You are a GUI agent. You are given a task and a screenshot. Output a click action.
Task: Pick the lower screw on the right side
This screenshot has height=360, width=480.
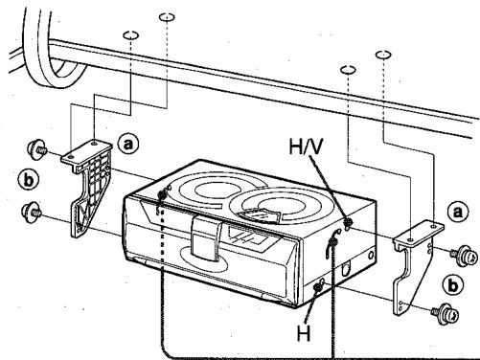[444, 312]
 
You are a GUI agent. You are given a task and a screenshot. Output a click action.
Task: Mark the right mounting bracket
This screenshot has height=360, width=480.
[412, 263]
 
